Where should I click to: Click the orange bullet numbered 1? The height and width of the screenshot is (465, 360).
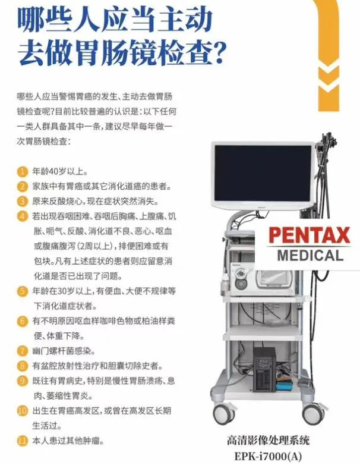(22, 171)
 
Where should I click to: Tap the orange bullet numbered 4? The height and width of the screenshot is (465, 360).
(22, 216)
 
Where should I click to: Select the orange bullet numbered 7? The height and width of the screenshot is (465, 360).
(22, 351)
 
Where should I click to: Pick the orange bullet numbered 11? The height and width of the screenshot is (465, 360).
(22, 441)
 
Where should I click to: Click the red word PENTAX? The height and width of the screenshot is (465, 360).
(310, 235)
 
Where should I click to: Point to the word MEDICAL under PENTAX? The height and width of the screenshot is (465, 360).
(310, 256)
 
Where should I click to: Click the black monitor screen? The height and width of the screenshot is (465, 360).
(263, 173)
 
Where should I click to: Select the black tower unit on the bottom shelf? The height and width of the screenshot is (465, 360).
(264, 369)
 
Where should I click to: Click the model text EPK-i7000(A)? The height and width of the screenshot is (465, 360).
(268, 456)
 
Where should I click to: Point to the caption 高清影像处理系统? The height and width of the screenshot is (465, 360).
(268, 440)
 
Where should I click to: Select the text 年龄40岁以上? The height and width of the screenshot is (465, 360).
(59, 171)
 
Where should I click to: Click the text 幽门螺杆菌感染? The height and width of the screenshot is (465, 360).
(64, 351)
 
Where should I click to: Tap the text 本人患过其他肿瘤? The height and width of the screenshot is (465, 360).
(68, 441)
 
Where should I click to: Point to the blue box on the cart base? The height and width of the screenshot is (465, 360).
(283, 386)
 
